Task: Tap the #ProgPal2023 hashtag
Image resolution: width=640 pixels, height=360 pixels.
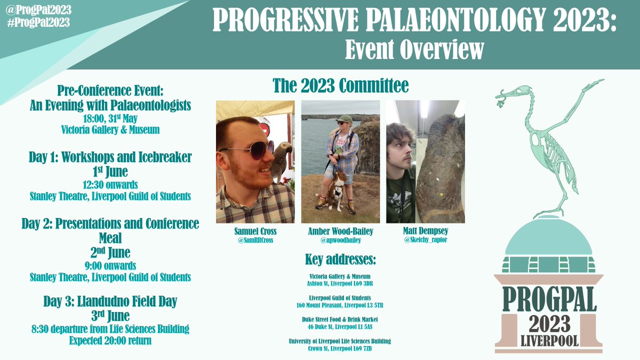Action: pyautogui.click(x=37, y=22)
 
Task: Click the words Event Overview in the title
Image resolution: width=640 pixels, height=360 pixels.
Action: pyautogui.click(x=414, y=50)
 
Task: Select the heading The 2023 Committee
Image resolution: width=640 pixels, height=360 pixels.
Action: pyautogui.click(x=340, y=85)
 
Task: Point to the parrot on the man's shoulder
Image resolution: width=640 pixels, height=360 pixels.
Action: pyautogui.click(x=282, y=160)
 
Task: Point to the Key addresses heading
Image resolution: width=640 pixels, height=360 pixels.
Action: pyautogui.click(x=340, y=261)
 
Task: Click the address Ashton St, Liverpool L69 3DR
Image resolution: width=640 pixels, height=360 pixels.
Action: pyautogui.click(x=340, y=284)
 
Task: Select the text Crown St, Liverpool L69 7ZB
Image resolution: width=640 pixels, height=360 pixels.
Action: pyautogui.click(x=340, y=348)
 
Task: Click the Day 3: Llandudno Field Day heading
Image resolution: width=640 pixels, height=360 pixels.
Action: pyautogui.click(x=110, y=301)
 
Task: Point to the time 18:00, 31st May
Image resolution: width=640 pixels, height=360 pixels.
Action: pyautogui.click(x=110, y=119)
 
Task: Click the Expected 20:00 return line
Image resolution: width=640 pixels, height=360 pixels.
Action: pyautogui.click(x=110, y=340)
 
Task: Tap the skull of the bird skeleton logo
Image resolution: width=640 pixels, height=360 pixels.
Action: pyautogui.click(x=520, y=92)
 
